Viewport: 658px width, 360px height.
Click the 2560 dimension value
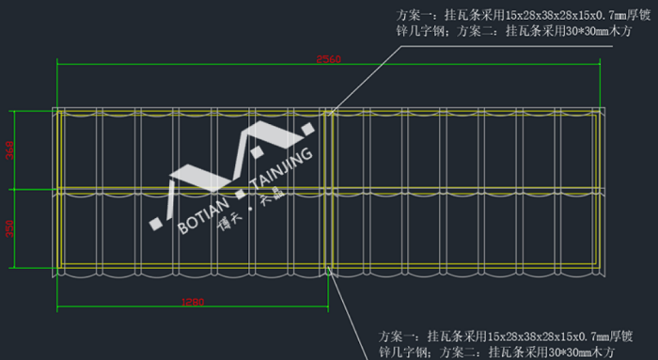tap(328, 59)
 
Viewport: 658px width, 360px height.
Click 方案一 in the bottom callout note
tap(395, 336)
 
